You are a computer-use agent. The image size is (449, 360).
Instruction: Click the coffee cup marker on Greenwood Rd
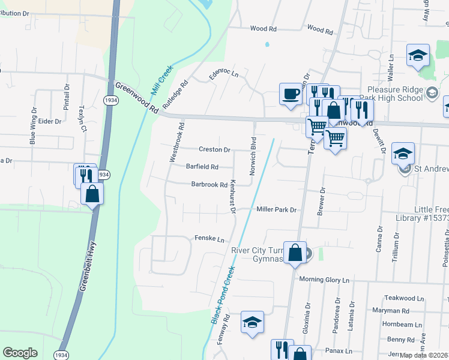[291, 94]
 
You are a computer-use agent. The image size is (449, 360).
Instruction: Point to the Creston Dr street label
[214, 149]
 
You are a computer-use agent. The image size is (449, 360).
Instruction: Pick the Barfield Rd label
[202, 167]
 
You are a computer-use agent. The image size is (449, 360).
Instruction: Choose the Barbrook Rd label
[209, 185]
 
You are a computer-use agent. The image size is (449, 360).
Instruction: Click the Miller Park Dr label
[277, 209]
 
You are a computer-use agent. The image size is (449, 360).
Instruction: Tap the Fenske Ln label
[209, 238]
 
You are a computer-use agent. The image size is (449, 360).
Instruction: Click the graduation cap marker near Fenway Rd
[253, 322]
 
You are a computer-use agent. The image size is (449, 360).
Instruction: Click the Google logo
[20, 353]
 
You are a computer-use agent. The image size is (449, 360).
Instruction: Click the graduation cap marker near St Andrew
[403, 153]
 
